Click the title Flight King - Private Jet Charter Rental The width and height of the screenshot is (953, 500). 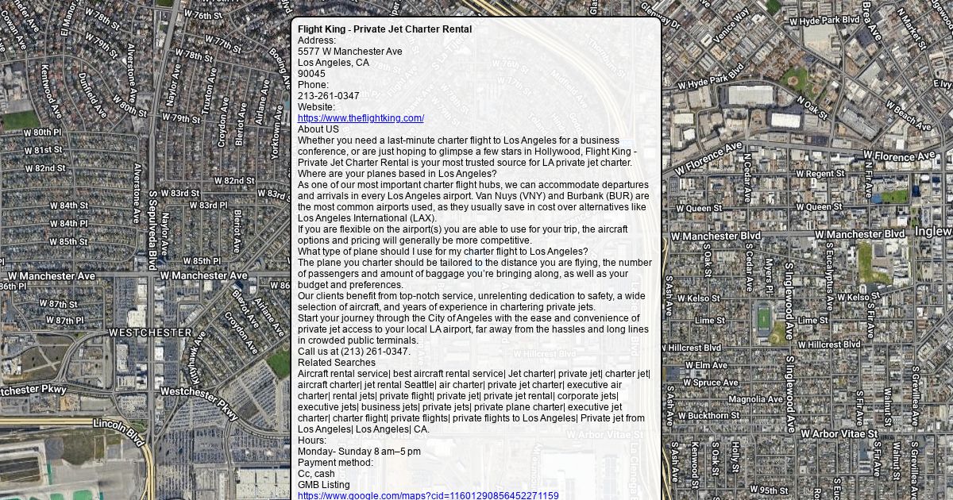(384, 29)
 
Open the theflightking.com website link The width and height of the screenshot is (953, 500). (361, 118)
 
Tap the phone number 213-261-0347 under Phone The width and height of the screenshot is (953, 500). (328, 96)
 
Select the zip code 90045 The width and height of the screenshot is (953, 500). (311, 74)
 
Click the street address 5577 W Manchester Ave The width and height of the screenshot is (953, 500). (349, 52)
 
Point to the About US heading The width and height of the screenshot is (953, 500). (318, 129)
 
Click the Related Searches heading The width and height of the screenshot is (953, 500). (337, 363)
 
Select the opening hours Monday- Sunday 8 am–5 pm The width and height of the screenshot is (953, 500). (359, 452)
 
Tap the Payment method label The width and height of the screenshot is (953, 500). (335, 463)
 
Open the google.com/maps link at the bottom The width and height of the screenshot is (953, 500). (427, 496)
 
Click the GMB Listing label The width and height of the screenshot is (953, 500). (323, 485)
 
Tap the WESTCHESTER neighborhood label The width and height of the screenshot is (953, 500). (150, 333)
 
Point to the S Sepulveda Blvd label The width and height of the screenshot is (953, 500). (152, 230)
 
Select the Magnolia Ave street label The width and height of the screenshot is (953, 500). (755, 399)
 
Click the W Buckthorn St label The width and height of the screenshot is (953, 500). (708, 415)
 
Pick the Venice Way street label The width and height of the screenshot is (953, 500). (731, 26)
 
